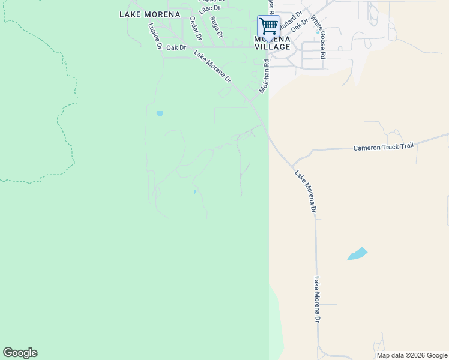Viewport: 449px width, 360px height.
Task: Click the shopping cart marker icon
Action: [x=268, y=27]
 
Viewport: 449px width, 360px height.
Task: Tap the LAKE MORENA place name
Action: [x=149, y=14]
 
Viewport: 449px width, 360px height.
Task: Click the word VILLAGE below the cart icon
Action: [x=272, y=47]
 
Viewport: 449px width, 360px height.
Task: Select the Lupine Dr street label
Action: [x=155, y=37]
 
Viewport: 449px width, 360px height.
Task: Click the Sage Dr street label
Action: [x=216, y=26]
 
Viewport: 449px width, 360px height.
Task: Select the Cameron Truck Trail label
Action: [x=384, y=147]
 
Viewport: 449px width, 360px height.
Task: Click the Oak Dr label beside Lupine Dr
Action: [x=176, y=47]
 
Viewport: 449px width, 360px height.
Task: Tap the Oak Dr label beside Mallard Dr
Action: [x=299, y=25]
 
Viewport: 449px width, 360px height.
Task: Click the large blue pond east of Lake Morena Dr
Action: [x=357, y=254]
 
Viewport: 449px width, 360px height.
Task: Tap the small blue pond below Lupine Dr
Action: [x=160, y=113]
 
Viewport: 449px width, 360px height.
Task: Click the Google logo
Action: [x=20, y=353]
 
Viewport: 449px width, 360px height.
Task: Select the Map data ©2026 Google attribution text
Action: [x=411, y=355]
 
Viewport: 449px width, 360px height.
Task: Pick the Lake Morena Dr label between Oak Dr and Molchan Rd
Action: [x=212, y=65]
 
